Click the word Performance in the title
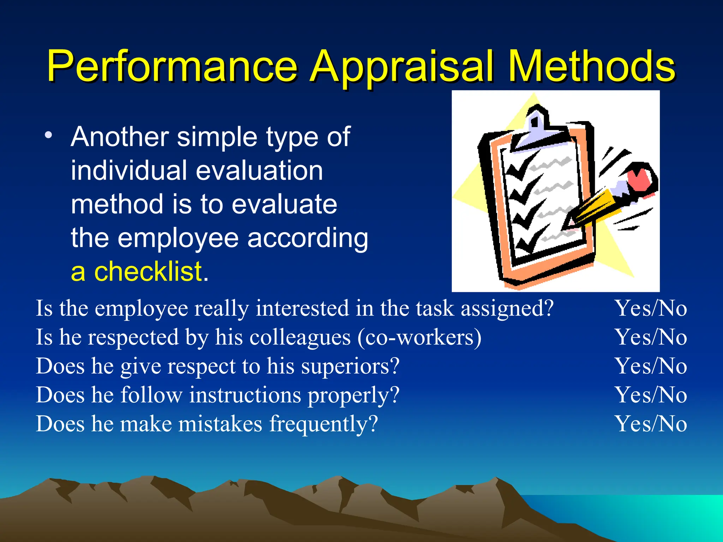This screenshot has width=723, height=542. (x=172, y=66)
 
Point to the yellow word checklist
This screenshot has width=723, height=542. (x=148, y=272)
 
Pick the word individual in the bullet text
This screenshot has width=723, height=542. (x=129, y=171)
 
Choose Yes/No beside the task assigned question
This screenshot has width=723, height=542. (x=651, y=308)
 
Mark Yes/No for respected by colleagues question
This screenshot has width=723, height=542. (x=651, y=337)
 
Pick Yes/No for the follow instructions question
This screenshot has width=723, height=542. (x=651, y=395)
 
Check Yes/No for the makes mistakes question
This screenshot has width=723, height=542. (x=651, y=424)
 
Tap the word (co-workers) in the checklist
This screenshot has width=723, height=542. (x=419, y=337)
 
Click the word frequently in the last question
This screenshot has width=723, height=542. (x=323, y=424)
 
